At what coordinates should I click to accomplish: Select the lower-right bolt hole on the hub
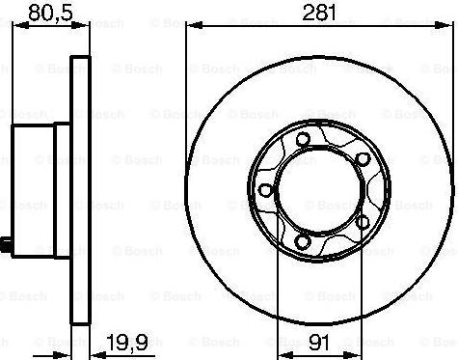click(x=364, y=221)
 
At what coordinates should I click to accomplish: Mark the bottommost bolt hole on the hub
click(x=305, y=241)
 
